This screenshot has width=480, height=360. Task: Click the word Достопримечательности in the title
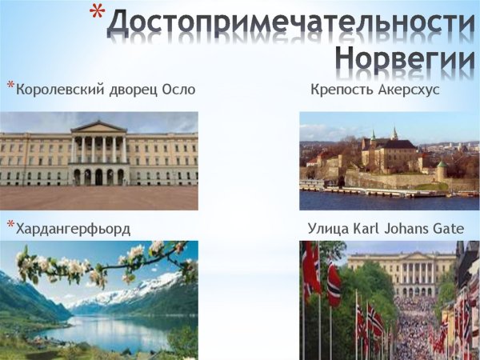coord(291,25)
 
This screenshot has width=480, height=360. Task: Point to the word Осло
coord(178,89)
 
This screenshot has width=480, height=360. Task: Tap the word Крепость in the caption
coord(338,89)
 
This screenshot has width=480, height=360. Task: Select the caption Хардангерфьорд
coord(73,230)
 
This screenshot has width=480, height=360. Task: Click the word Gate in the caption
coord(448,230)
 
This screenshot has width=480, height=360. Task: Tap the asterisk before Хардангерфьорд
coord(10,225)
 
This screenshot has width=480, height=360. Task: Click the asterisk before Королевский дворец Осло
coord(10,84)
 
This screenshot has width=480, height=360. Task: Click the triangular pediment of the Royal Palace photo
coord(98,126)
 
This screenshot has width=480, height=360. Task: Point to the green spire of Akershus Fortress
coord(394,133)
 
